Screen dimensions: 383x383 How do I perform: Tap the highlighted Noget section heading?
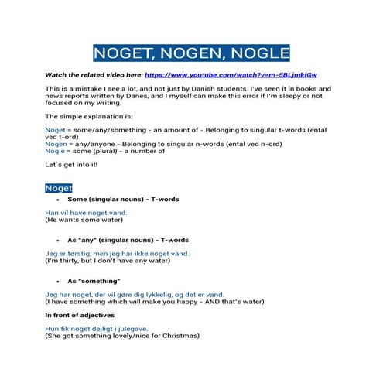tap(59, 188)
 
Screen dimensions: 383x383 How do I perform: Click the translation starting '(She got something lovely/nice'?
tap(121, 336)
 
